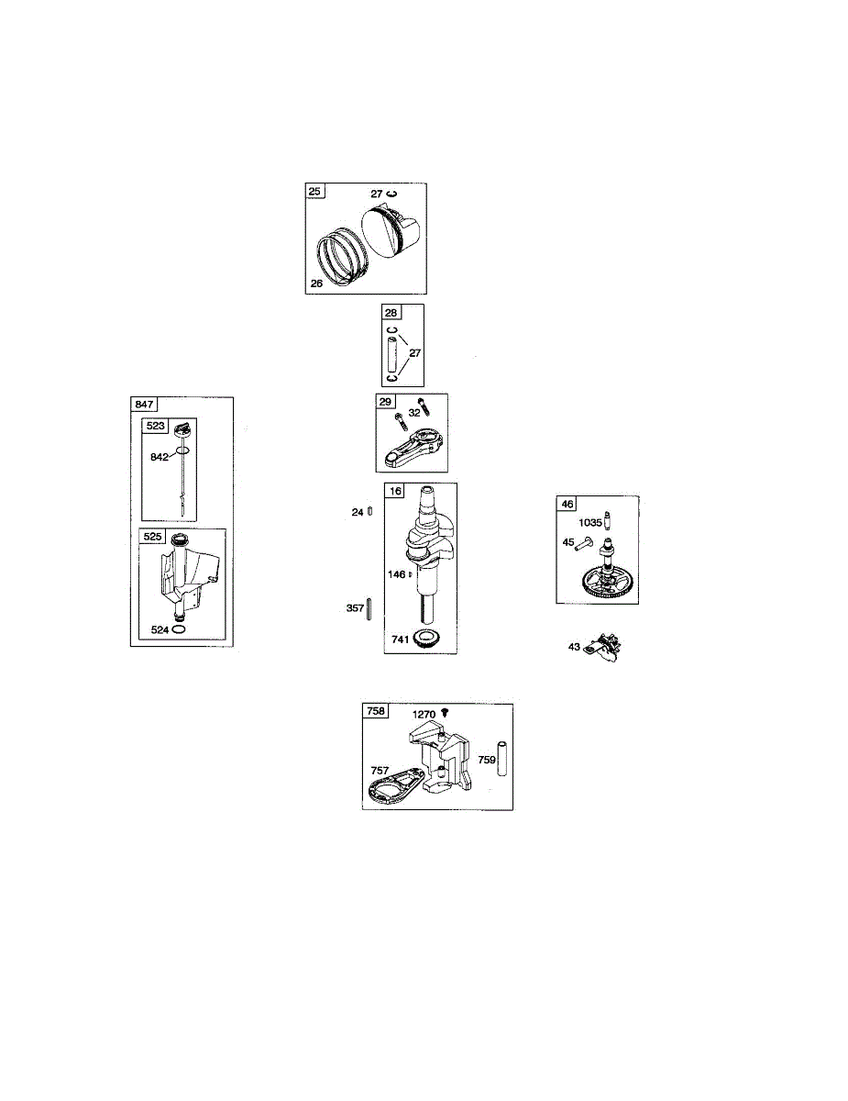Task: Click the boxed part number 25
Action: point(314,192)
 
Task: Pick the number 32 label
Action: point(414,413)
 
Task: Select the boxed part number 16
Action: point(394,491)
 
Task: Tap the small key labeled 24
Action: point(369,512)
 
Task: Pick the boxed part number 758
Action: point(376,711)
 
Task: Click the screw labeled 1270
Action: point(446,712)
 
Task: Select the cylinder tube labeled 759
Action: point(502,760)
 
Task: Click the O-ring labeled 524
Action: point(180,631)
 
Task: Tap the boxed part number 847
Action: point(143,404)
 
